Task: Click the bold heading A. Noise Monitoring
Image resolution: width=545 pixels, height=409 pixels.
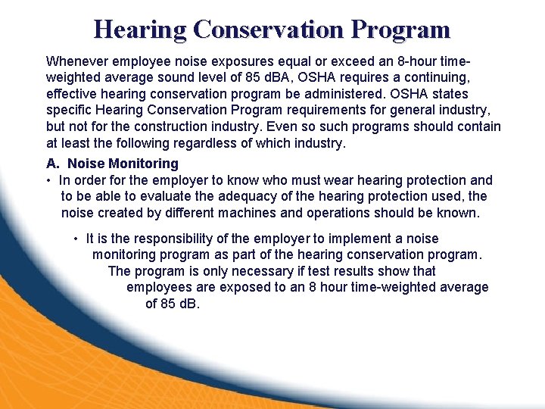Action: click(112, 163)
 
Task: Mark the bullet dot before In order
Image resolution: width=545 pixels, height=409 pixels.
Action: click(48, 180)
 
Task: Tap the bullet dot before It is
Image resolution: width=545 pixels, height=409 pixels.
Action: click(76, 239)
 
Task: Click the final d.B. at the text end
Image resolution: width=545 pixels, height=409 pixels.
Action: click(182, 304)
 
